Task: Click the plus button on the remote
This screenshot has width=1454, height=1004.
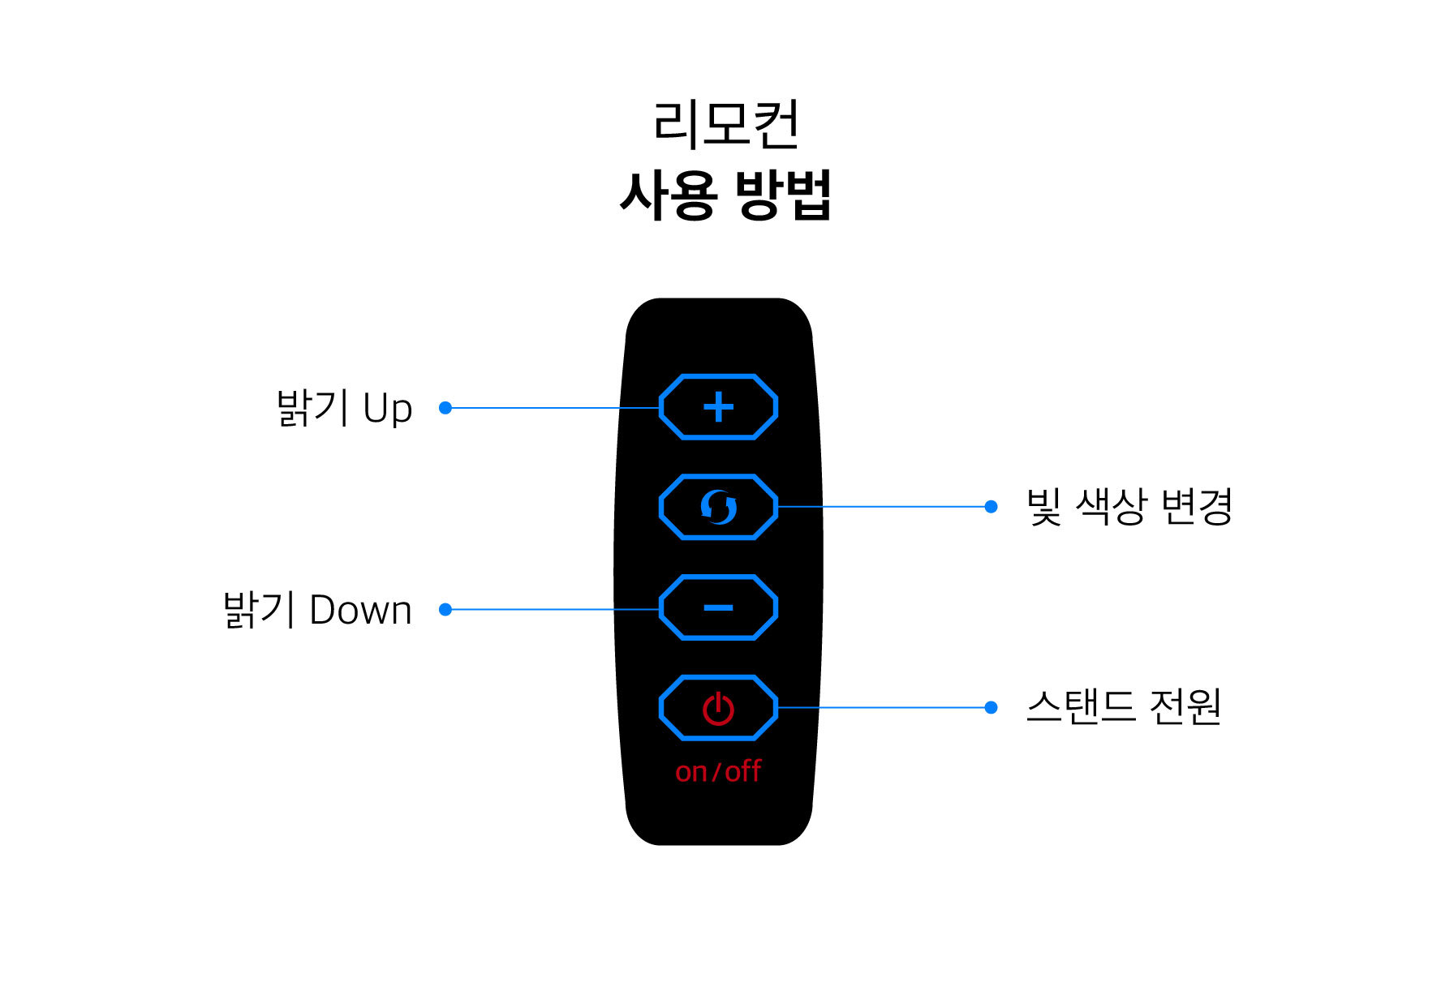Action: click(x=719, y=407)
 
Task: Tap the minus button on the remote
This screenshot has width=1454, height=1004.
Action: click(x=719, y=607)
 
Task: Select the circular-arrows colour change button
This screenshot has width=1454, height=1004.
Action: click(x=719, y=507)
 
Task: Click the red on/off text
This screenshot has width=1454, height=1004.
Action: click(x=718, y=770)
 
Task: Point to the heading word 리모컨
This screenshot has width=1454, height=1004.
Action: click(x=726, y=124)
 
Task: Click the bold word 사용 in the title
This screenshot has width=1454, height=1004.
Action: click(x=669, y=195)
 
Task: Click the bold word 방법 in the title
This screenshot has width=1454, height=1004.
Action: click(x=784, y=195)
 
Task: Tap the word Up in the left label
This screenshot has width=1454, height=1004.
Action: click(x=388, y=409)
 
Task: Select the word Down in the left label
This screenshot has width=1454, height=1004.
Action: click(x=361, y=610)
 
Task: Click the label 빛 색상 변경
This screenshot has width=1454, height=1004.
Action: click(x=1129, y=507)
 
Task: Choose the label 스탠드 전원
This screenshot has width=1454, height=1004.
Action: click(x=1125, y=706)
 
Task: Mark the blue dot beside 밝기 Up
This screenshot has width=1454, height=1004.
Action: click(x=445, y=408)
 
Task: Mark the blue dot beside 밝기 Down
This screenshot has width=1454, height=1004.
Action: click(x=445, y=609)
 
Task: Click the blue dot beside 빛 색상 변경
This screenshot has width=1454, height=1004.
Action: click(x=991, y=507)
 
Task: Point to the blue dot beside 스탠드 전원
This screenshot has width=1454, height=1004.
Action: click(x=991, y=708)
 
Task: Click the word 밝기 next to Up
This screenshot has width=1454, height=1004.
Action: click(x=313, y=408)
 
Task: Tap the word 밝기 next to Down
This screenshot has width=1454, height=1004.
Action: click(x=260, y=610)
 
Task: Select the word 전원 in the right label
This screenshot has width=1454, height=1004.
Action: click(x=1186, y=706)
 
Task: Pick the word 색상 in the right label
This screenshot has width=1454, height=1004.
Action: click(x=1112, y=507)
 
